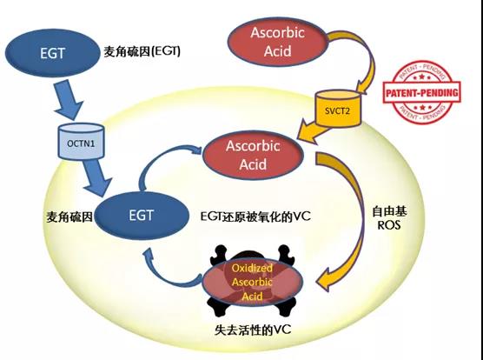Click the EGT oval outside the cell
tap(53, 53)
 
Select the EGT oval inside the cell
tap(142, 216)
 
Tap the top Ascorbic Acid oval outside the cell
tap(277, 42)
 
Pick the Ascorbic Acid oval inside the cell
tap(253, 155)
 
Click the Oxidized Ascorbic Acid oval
tap(252, 282)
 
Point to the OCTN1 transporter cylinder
tap(81, 142)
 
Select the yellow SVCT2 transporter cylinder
tap(338, 108)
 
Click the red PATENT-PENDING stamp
tap(421, 92)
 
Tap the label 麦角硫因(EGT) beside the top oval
tap(142, 51)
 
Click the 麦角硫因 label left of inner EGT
tap(69, 217)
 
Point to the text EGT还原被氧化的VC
tap(255, 217)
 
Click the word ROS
tap(389, 225)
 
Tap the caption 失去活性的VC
tap(253, 330)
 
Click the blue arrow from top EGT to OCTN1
tap(69, 99)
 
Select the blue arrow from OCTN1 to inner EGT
tap(97, 177)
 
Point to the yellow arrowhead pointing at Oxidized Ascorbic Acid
tap(327, 279)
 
